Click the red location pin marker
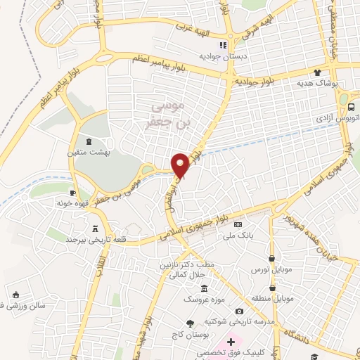pyautogui.click(x=181, y=165)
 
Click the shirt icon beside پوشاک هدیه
pyautogui.click(x=317, y=72)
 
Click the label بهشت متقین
pyautogui.click(x=89, y=151)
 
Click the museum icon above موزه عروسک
pyautogui.click(x=204, y=289)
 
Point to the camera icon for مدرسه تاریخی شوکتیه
pyautogui.click(x=239, y=311)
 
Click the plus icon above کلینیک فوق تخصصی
pyautogui.click(x=230, y=340)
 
